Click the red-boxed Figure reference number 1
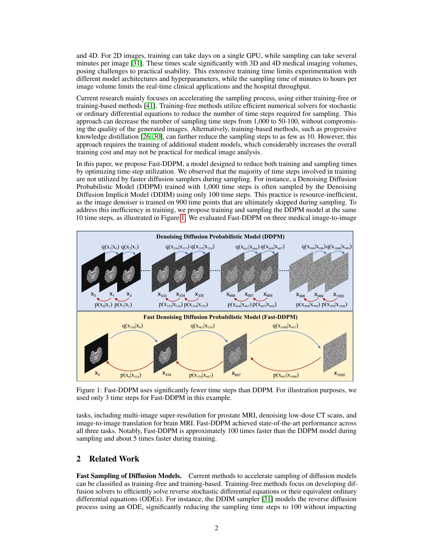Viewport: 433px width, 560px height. point(183,218)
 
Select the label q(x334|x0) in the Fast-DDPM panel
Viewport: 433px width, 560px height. point(132,326)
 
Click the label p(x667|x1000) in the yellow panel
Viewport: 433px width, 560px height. point(286,375)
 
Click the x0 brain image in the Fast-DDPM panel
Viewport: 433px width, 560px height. point(97,353)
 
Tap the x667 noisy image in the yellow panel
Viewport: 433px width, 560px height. point(235,353)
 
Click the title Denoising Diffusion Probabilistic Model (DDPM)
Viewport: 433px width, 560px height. point(220,236)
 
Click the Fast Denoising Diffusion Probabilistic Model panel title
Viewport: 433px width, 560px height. point(220,317)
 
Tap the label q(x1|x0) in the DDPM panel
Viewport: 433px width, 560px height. point(110,247)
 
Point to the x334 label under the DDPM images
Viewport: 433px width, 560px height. point(181,295)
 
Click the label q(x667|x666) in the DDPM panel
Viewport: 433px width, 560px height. point(247,247)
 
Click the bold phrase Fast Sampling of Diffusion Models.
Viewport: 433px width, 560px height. point(129,476)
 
